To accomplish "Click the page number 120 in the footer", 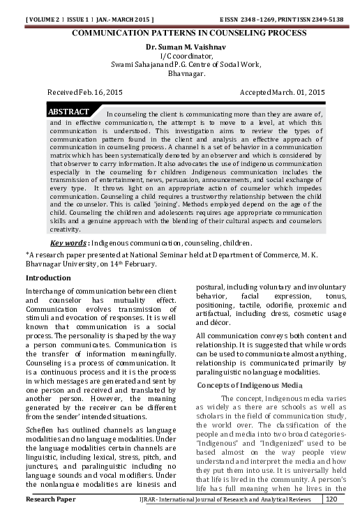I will coord(331,519).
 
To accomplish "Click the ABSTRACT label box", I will coord(68,112).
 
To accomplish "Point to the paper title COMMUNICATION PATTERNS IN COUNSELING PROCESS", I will coord(180,33).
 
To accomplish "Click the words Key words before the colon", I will coord(67,243).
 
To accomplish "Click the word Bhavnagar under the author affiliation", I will coord(179,73).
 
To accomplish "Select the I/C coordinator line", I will coord(179,55).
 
